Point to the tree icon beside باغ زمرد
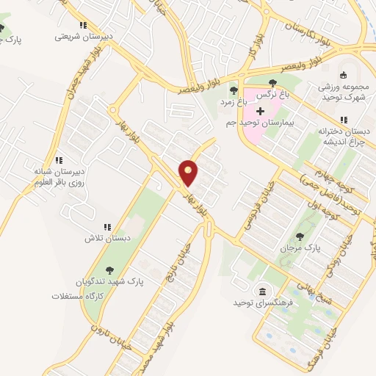point(233,91)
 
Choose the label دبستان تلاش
point(106,239)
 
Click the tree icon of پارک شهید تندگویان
point(110,270)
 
